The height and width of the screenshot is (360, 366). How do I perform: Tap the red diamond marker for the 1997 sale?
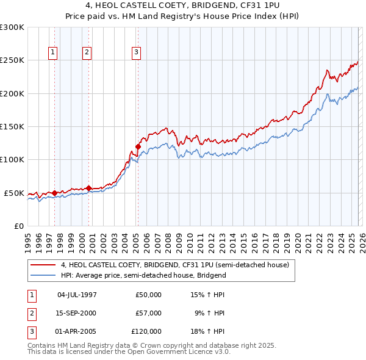tap(54, 193)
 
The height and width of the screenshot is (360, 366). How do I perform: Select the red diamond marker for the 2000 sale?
tap(89, 188)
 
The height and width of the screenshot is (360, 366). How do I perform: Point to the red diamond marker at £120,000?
tap(138, 146)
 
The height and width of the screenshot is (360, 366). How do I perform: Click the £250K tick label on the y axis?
tap(12, 60)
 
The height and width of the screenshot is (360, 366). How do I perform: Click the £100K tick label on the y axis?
tap(12, 159)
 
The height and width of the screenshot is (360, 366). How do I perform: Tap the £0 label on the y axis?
tap(18, 226)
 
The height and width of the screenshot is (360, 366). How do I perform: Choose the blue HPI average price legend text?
tap(143, 275)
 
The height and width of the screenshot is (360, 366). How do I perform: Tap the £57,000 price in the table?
tap(148, 313)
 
